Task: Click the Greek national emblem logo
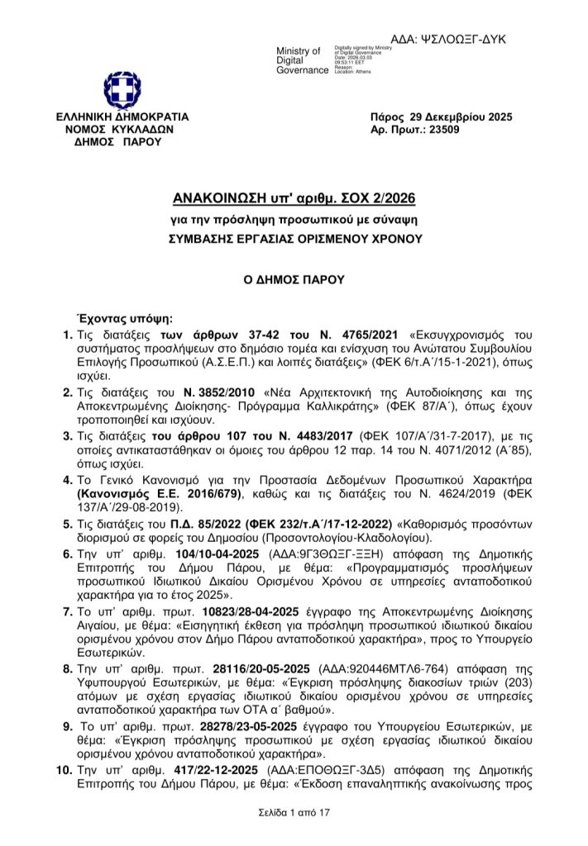122,90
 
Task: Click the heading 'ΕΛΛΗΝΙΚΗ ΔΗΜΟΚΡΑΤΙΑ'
122,117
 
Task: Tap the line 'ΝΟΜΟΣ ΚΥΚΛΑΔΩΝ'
122,130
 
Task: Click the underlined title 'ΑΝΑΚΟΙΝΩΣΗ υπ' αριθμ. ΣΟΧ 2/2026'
294,199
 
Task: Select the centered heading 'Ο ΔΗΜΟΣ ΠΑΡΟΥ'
294,280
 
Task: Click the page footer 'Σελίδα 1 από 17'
294,815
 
